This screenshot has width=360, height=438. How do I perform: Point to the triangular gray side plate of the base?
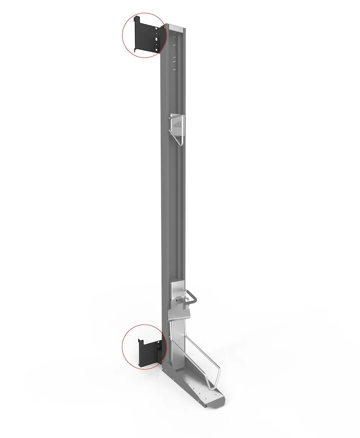[x=169, y=364]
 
